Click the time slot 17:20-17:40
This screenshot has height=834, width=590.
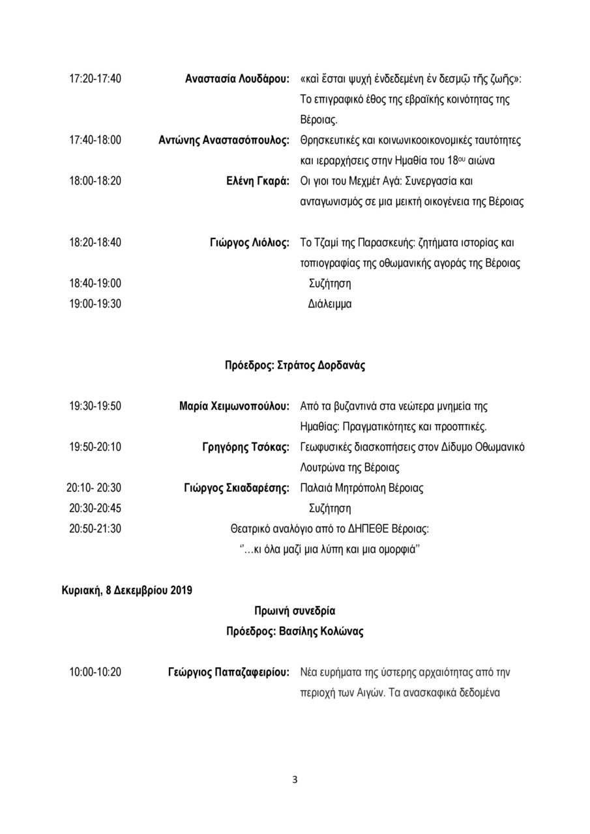click(x=95, y=79)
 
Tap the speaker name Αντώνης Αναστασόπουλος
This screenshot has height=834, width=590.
click(x=224, y=140)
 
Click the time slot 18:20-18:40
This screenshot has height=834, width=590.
click(x=95, y=242)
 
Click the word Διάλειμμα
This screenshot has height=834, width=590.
click(x=330, y=304)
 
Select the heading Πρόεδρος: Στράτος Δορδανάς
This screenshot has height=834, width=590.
click(x=295, y=365)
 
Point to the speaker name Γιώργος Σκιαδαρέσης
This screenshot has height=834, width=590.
click(x=237, y=487)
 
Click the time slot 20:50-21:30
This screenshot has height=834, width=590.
click(x=95, y=528)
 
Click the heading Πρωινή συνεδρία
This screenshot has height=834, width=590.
click(x=295, y=611)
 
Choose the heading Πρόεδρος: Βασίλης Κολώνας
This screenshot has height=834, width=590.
click(x=295, y=631)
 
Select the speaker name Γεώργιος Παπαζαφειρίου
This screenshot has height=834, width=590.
click(x=228, y=672)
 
